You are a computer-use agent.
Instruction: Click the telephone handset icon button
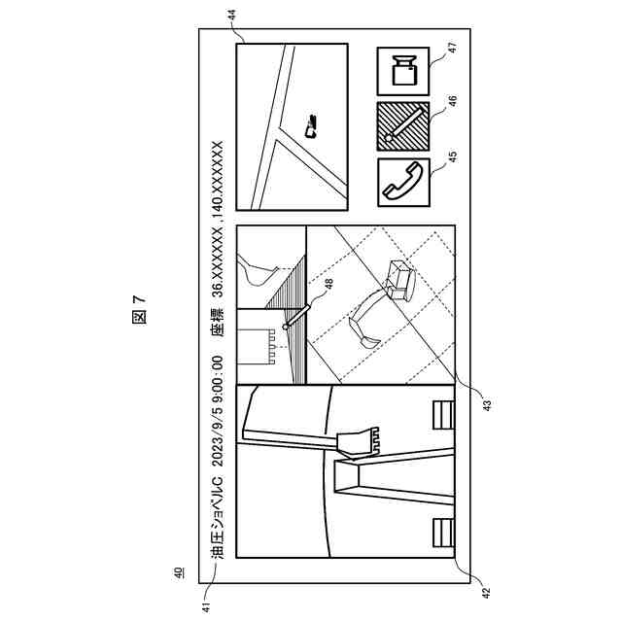tap(402, 180)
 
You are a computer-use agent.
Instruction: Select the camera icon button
tap(402, 71)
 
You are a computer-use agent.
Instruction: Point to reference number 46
tap(452, 101)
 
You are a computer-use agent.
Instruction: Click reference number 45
tap(452, 155)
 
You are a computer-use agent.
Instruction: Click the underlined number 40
tap(177, 573)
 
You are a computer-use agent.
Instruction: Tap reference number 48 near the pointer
tap(328, 284)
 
